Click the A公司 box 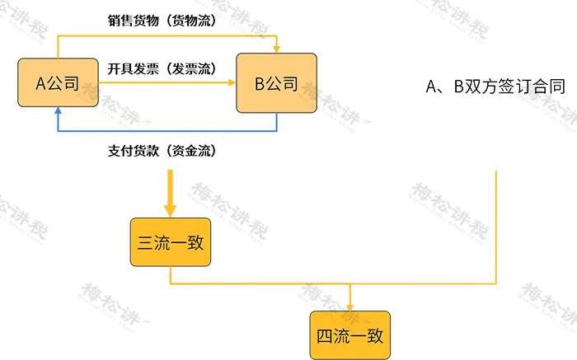pos(57,83)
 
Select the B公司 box pos(277,83)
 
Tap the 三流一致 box pos(171,242)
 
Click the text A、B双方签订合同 pos(495,86)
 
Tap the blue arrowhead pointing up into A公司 pos(57,117)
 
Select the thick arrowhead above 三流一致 pos(171,209)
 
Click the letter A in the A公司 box pos(40,83)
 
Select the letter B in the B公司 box pos(260,83)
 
